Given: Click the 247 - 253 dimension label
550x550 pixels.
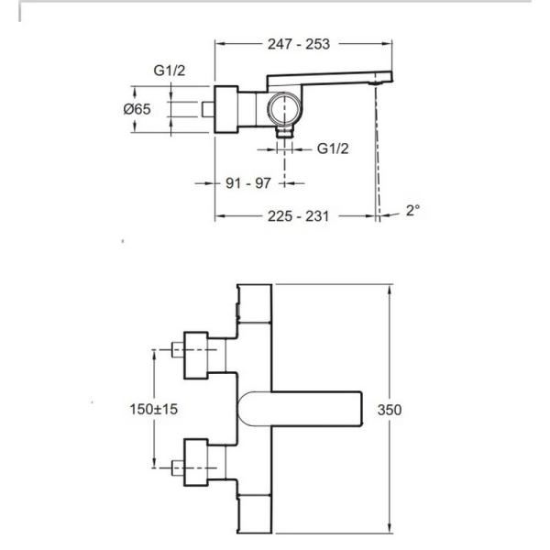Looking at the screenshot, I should point(298,44).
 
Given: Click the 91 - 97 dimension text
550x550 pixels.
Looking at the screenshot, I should point(248,183).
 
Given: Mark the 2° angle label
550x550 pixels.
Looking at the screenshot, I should point(412,210).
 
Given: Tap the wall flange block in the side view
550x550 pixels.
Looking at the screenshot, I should point(226,110).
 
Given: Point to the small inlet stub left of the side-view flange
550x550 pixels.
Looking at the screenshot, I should point(208,110).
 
